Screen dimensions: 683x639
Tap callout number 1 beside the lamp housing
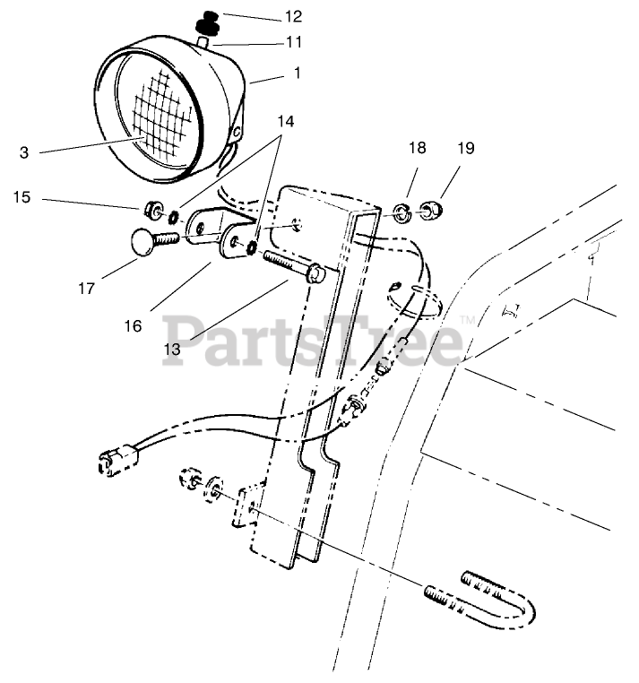pyautogui.click(x=297, y=73)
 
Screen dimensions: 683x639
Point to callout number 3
pyautogui.click(x=24, y=152)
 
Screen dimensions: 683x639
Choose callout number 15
pyautogui.click(x=22, y=195)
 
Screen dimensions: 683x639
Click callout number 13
pyautogui.click(x=172, y=350)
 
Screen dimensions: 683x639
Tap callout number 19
pyautogui.click(x=464, y=146)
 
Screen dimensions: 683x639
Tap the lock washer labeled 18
pyautogui.click(x=402, y=213)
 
